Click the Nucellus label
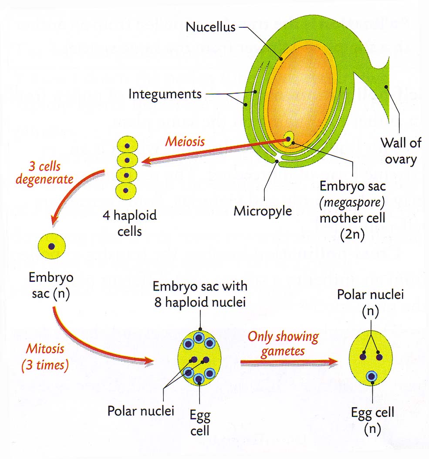point(210,27)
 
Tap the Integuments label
point(165,94)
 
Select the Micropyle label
point(263,211)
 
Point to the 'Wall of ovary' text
point(398,151)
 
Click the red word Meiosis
point(184,142)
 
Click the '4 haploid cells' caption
point(129,222)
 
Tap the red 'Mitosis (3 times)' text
point(45,356)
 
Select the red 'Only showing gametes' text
point(283,343)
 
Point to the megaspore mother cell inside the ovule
point(288,140)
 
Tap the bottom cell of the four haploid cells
point(127,190)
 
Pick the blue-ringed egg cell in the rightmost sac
point(372,376)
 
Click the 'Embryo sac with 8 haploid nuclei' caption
point(200,294)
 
